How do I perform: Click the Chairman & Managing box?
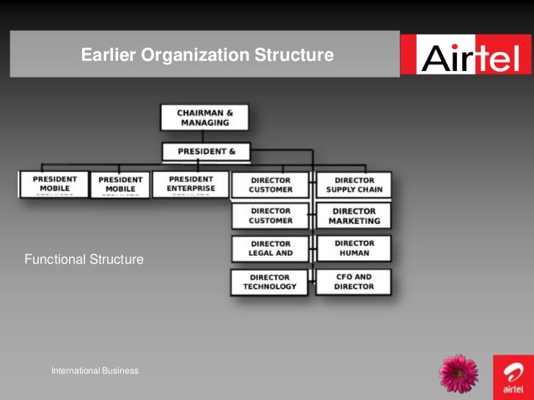(x=204, y=117)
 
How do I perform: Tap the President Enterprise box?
(x=191, y=184)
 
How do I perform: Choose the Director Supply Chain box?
(x=354, y=185)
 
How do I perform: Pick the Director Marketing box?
(x=354, y=215)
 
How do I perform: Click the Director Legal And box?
(x=270, y=248)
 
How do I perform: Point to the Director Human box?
(x=354, y=248)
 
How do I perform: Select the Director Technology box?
(x=269, y=282)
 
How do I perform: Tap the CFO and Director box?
(x=354, y=282)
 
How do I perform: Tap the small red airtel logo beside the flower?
(x=513, y=375)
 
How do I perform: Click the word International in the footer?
(x=76, y=371)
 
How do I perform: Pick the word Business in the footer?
(x=120, y=371)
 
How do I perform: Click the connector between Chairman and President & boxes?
(x=204, y=137)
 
